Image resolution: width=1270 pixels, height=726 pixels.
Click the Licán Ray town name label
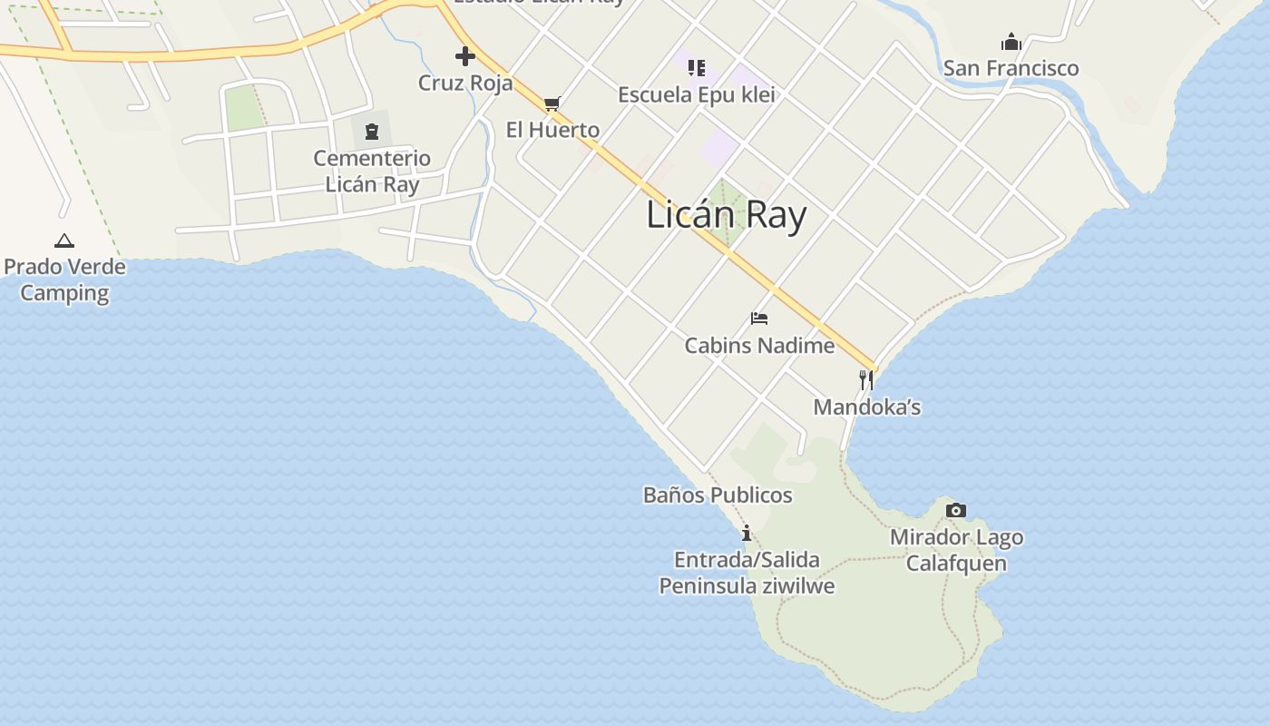pyautogui.click(x=727, y=216)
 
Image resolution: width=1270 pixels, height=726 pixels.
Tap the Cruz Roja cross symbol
pyautogui.click(x=465, y=57)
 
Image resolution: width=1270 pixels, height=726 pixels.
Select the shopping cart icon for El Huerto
pyautogui.click(x=552, y=103)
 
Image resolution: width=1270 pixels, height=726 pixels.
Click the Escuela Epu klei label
pyautogui.click(x=697, y=94)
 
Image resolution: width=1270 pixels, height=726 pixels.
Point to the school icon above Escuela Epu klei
pyautogui.click(x=697, y=67)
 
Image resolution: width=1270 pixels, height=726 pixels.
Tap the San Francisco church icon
pyautogui.click(x=1011, y=42)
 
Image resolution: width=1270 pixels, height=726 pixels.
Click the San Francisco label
pyautogui.click(x=1011, y=68)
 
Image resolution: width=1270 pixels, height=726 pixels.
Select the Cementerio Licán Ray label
pyautogui.click(x=372, y=171)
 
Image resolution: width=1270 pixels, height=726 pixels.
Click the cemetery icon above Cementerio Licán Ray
pyautogui.click(x=371, y=132)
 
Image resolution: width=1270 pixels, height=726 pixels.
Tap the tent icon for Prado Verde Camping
pyautogui.click(x=63, y=240)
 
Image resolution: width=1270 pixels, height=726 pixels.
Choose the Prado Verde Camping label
pyautogui.click(x=64, y=280)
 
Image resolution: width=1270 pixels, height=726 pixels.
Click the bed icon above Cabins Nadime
pyautogui.click(x=759, y=319)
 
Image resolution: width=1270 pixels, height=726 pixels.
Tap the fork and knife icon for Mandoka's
pyautogui.click(x=866, y=380)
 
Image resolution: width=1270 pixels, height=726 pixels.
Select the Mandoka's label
pyautogui.click(x=866, y=407)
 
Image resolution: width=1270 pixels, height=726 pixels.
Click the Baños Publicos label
pyautogui.click(x=718, y=495)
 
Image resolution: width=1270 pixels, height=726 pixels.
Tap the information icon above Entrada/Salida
pyautogui.click(x=747, y=533)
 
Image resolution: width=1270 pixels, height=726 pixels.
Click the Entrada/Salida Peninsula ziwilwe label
pyautogui.click(x=747, y=573)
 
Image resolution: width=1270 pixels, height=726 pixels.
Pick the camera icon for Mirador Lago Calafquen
pyautogui.click(x=955, y=511)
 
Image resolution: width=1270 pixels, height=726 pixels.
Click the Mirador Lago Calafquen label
pyautogui.click(x=956, y=550)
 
